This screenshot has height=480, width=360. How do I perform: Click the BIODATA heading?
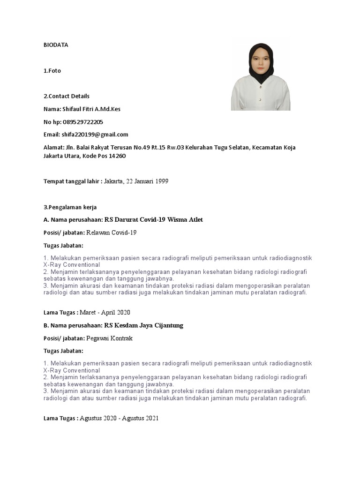point(56,45)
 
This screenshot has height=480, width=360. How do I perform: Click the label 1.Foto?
point(52,71)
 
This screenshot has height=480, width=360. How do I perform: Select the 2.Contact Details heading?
point(67,96)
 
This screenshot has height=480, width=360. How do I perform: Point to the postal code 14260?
point(117,156)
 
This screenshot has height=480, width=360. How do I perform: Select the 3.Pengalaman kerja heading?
point(70,207)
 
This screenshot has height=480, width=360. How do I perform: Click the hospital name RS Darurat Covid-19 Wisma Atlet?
point(154,220)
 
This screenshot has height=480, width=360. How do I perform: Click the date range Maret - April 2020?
point(105,312)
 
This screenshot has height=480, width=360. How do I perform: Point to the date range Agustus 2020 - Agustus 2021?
point(119,418)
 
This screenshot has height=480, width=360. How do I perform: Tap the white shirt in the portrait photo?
point(261,96)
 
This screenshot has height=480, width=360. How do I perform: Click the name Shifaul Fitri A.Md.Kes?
point(91,109)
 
